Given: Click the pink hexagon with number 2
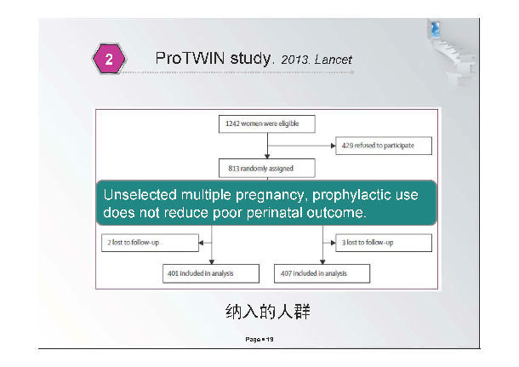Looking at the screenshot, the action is [109, 59].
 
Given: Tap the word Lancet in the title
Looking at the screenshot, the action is [333, 60].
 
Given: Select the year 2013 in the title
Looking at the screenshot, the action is [294, 60].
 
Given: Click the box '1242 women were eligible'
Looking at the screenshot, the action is [267, 123].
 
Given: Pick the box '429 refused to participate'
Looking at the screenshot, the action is [384, 146].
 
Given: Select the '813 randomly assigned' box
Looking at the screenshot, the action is [267, 169].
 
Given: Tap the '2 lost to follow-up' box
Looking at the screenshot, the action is [150, 243].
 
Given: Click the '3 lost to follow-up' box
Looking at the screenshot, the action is [384, 243].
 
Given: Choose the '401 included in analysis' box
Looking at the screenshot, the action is [211, 273].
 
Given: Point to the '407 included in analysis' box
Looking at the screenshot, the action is [322, 273].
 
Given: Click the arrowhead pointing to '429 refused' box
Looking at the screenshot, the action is [334, 146].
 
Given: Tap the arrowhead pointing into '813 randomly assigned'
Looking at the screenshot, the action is [267, 157].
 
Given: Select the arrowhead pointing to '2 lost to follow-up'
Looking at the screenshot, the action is [201, 243].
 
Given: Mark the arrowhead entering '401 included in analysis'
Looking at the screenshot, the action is [212, 262].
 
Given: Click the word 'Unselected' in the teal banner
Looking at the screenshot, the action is [140, 194].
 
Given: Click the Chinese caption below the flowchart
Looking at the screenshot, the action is [267, 312].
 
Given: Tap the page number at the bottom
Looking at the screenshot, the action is [259, 339].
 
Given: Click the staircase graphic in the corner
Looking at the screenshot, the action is [452, 51].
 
